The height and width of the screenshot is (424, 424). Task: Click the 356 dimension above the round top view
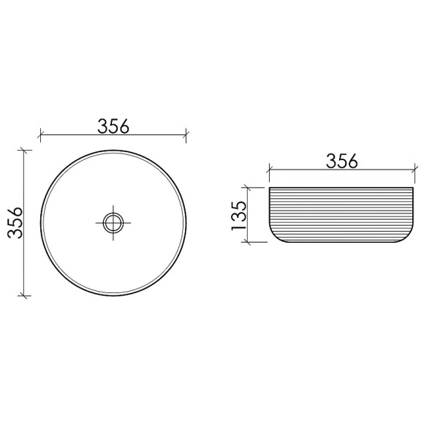click(x=113, y=126)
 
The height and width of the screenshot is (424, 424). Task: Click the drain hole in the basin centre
click(x=113, y=222)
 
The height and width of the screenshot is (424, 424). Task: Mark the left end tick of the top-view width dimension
click(x=40, y=135)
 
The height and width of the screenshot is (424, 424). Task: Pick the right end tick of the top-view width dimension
click(x=186, y=135)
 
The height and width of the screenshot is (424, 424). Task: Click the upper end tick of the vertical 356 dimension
click(x=26, y=150)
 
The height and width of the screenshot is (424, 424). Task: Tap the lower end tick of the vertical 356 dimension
click(x=26, y=295)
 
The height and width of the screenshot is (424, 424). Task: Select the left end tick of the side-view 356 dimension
click(x=269, y=171)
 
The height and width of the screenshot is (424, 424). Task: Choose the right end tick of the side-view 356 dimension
click(x=416, y=171)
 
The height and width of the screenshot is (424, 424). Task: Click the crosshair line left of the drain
click(x=99, y=222)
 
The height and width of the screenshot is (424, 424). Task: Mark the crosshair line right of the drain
click(x=128, y=222)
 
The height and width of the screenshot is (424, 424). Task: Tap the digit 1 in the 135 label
click(x=239, y=227)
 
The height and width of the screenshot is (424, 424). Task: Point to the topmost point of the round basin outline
click(x=113, y=150)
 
